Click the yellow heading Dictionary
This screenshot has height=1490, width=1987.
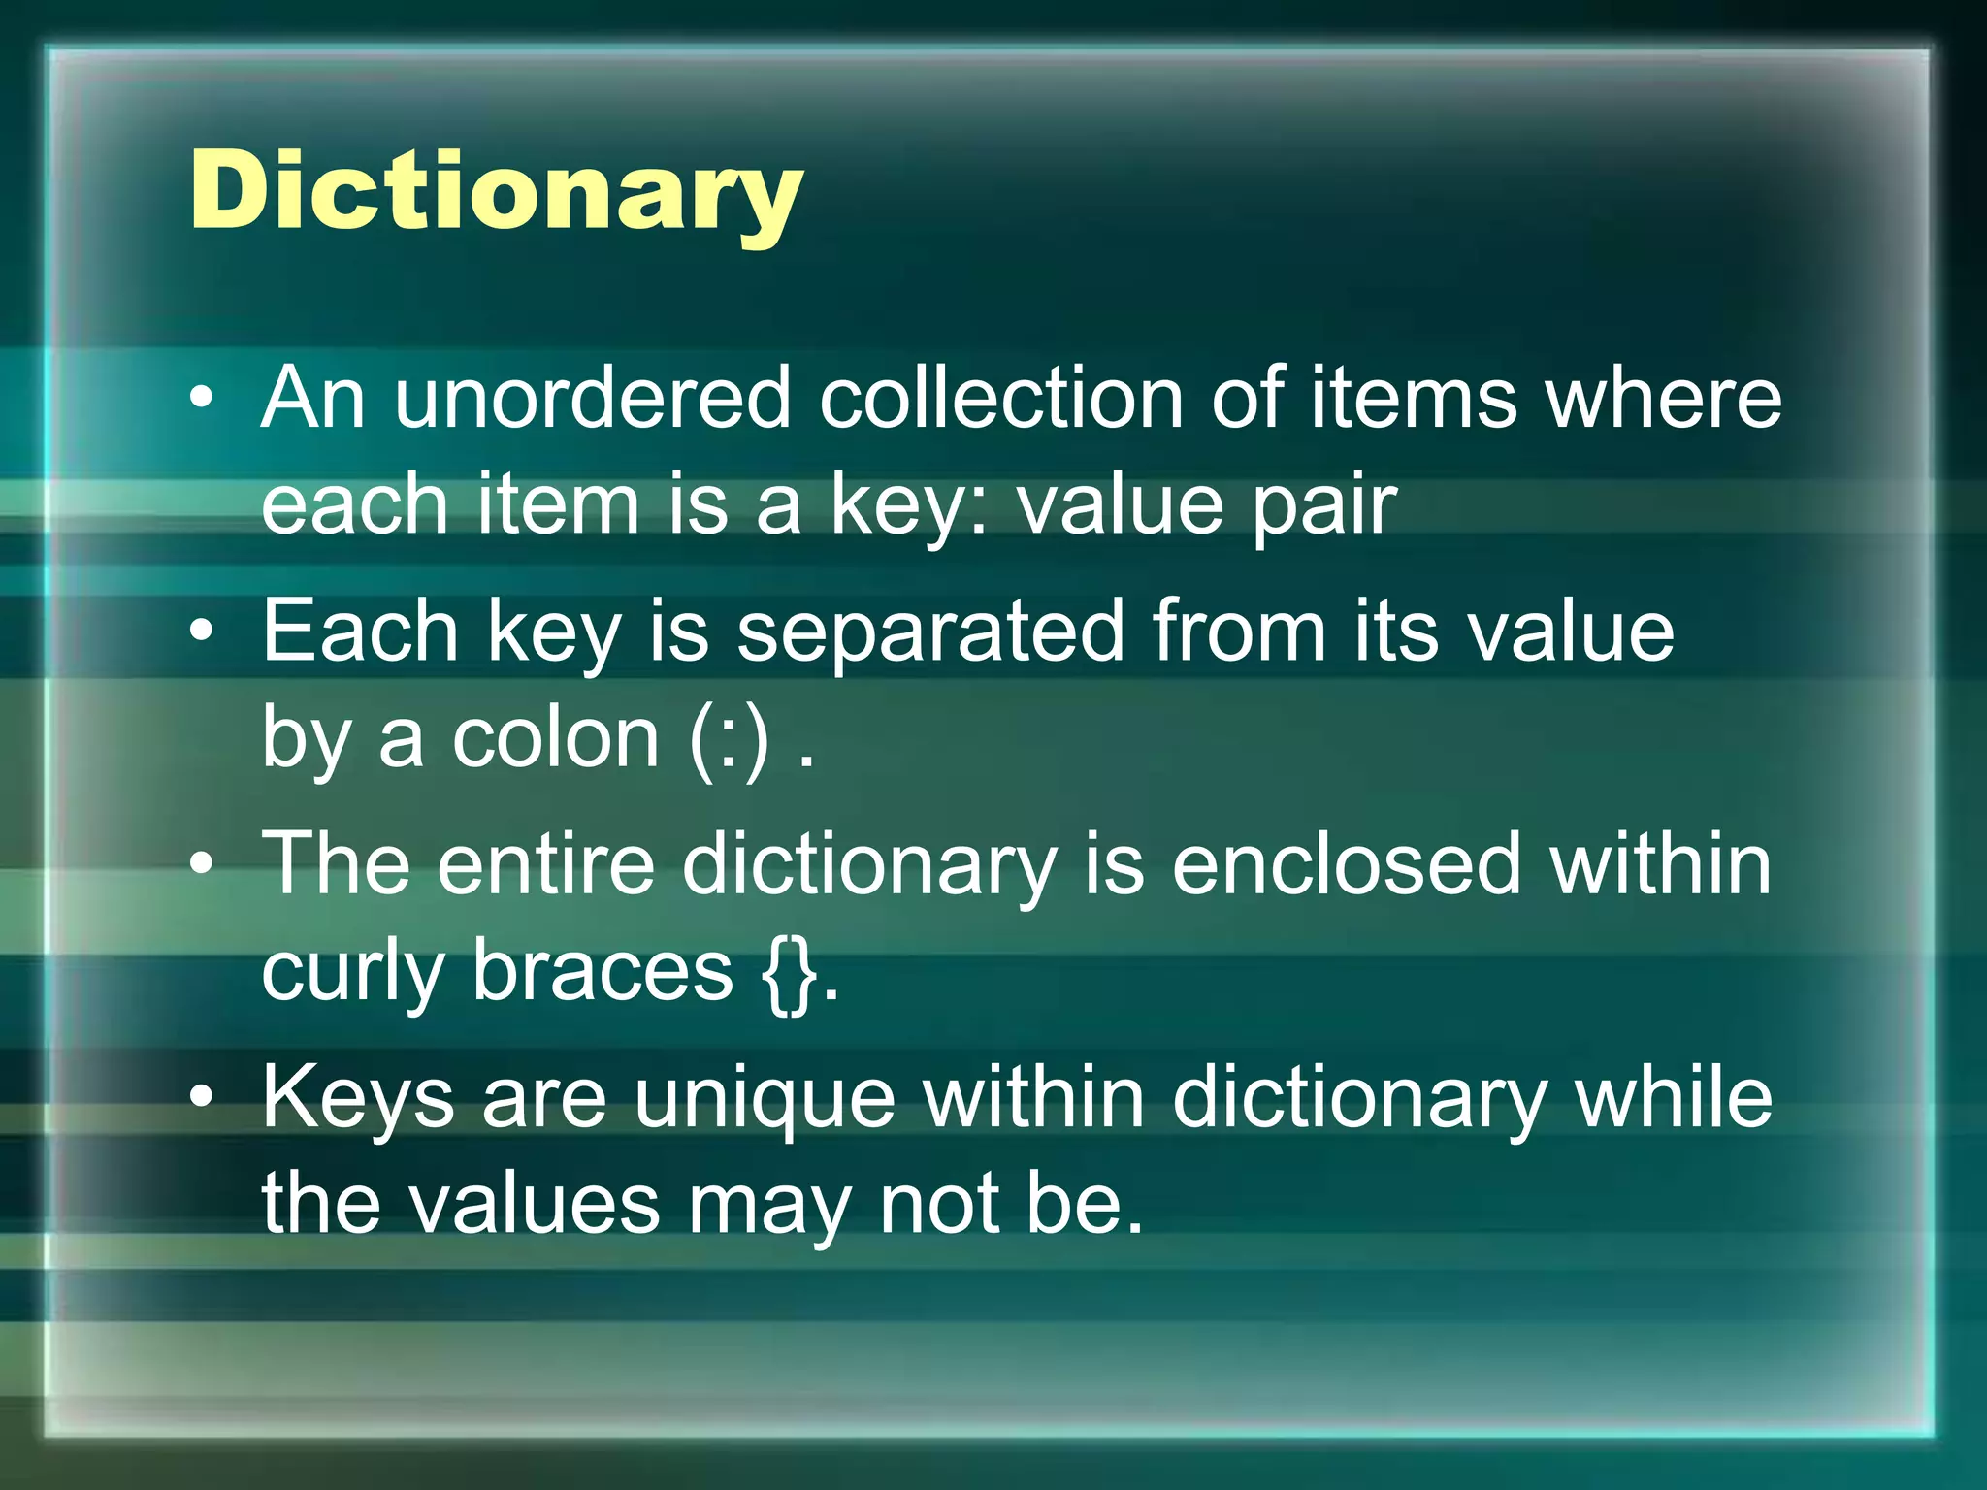[496, 191]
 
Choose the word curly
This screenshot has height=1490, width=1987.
[352, 972]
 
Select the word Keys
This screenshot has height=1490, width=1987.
[358, 1098]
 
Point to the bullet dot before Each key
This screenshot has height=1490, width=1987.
[201, 632]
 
